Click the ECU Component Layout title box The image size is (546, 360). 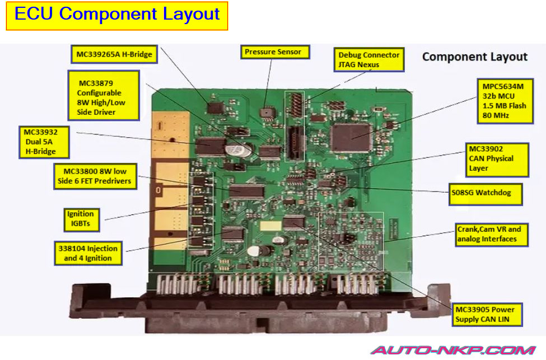pyautogui.click(x=116, y=15)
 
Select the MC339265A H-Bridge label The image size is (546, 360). pyautogui.click(x=114, y=54)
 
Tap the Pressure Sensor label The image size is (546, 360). pyautogui.click(x=273, y=52)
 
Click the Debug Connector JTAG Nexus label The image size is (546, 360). pyautogui.click(x=369, y=60)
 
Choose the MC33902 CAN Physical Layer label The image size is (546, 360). pyautogui.click(x=497, y=159)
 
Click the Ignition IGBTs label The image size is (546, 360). pyautogui.click(x=82, y=219)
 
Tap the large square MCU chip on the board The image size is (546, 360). pyautogui.click(x=351, y=137)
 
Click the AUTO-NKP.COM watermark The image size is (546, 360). pyautogui.click(x=453, y=351)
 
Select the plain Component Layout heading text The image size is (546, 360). pyautogui.click(x=474, y=57)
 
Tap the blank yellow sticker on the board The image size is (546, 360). pyautogui.click(x=269, y=226)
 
